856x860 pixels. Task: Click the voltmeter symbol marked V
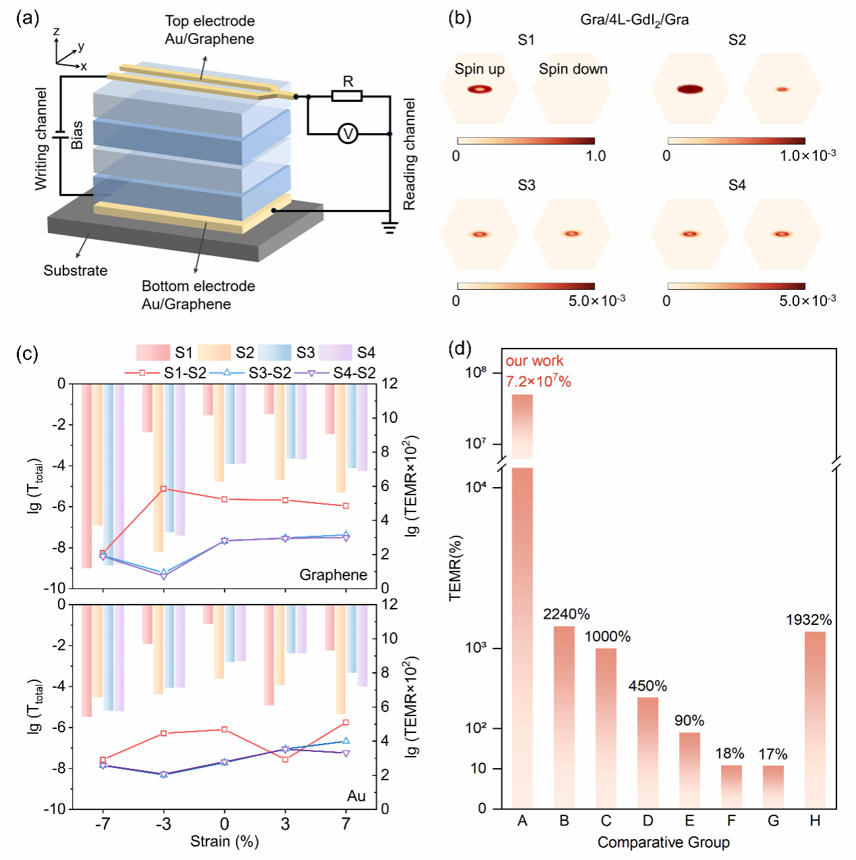pos(348,134)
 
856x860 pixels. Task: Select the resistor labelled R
pos(347,96)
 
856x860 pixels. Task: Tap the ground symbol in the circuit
pos(390,226)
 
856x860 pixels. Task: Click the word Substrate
pos(76,270)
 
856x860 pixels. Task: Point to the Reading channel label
pos(409,154)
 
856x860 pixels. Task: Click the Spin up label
pos(479,69)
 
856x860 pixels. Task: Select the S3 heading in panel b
pos(527,185)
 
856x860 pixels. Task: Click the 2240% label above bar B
pos(566,613)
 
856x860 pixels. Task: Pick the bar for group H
pos(815,719)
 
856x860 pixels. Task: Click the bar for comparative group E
pos(689,770)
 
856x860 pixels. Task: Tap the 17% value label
pos(773,754)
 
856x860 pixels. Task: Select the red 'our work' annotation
pos(535,361)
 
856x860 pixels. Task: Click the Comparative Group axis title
pos(664,842)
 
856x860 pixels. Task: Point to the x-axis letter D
pos(648,821)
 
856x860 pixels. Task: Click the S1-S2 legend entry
pos(165,373)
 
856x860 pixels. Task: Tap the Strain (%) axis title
pos(224,841)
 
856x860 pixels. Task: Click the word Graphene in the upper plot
pos(333,575)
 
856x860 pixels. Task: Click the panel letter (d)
pos(460,349)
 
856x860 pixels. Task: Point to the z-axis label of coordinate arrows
pos(57,31)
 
